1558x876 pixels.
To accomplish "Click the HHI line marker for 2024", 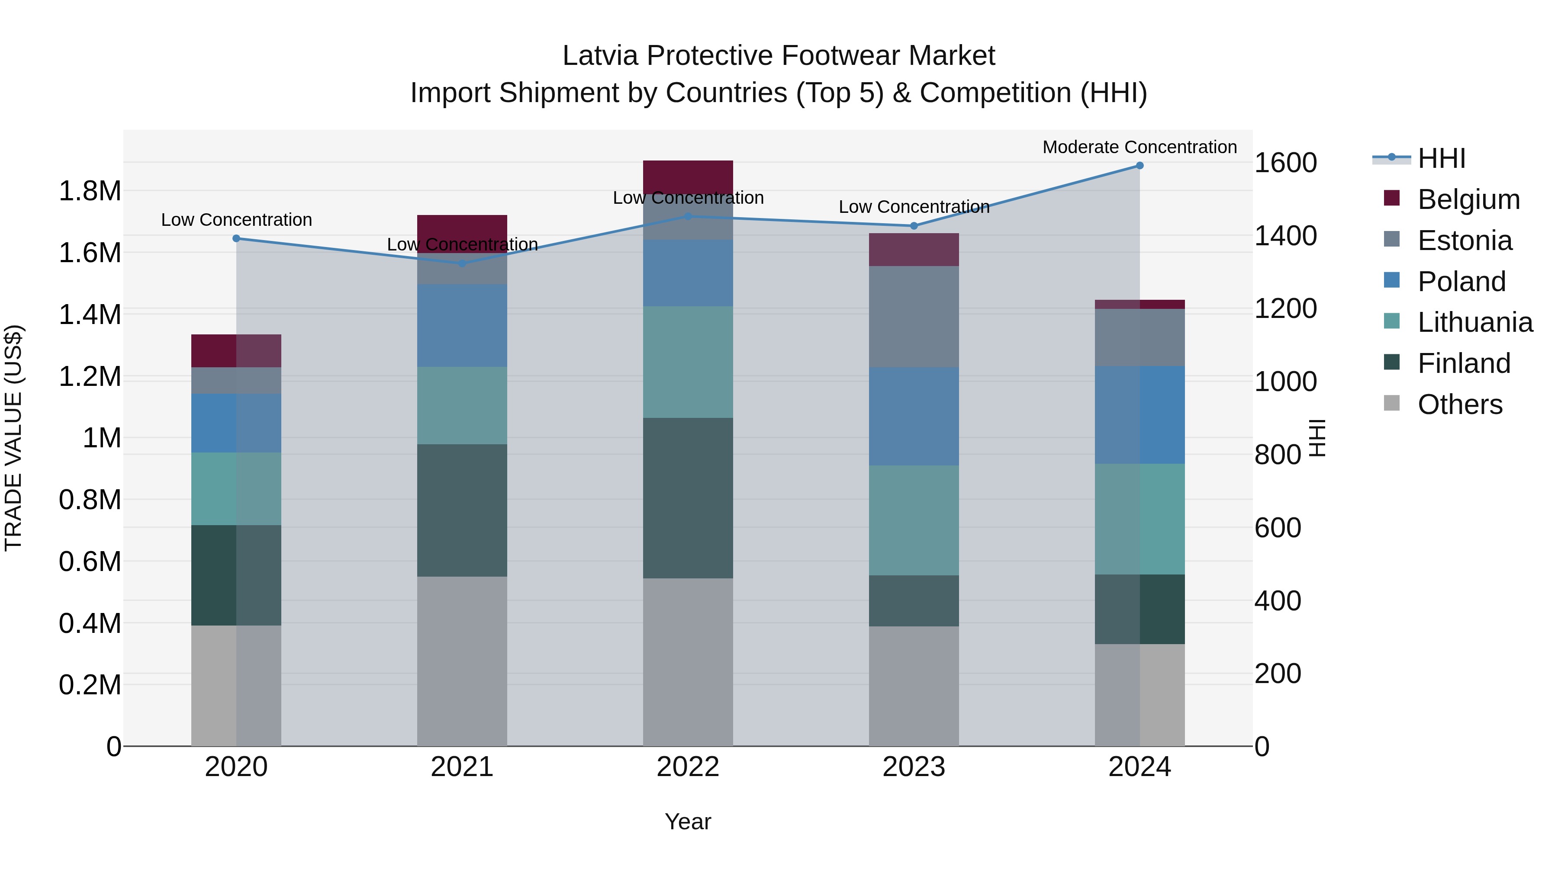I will point(1140,166).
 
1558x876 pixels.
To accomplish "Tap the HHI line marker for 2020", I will point(236,238).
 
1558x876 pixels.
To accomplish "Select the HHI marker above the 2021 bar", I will point(462,263).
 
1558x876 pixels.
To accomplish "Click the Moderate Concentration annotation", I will point(1140,147).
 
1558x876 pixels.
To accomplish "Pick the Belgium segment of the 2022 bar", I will point(688,176).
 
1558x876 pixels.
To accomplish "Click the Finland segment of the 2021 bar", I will point(462,510).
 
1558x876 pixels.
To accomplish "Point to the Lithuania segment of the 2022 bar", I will point(688,362).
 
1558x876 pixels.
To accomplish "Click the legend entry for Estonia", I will point(1464,240).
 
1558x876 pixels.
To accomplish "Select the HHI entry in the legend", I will point(1441,158).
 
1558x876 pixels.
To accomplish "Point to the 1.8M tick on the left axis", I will point(90,191).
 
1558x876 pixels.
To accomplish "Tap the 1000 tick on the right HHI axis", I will point(1285,382).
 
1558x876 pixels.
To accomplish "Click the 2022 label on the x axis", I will point(688,767).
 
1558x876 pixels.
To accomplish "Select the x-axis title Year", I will point(688,821).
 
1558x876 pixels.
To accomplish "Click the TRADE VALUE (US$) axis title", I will point(13,438).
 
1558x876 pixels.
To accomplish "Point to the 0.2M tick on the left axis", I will point(90,685).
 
